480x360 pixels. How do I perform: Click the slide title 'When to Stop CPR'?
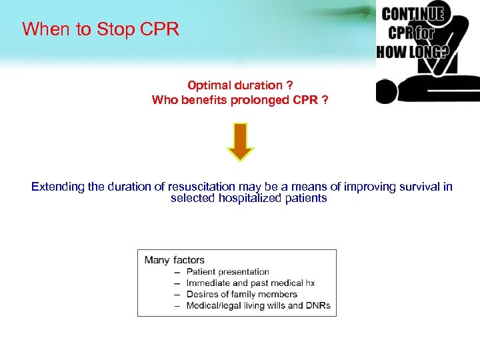(x=101, y=29)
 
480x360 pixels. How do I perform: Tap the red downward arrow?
(x=241, y=141)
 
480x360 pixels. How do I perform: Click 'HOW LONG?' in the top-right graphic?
(x=412, y=51)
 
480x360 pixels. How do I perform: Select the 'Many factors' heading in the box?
(x=175, y=260)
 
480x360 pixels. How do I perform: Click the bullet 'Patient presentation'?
(x=228, y=272)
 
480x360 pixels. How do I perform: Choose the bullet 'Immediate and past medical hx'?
(x=251, y=283)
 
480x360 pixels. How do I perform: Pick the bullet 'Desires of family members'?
(x=242, y=295)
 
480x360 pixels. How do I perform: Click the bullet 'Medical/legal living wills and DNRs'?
(x=258, y=306)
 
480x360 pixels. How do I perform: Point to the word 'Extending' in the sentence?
(x=57, y=187)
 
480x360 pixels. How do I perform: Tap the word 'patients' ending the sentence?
(x=305, y=199)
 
